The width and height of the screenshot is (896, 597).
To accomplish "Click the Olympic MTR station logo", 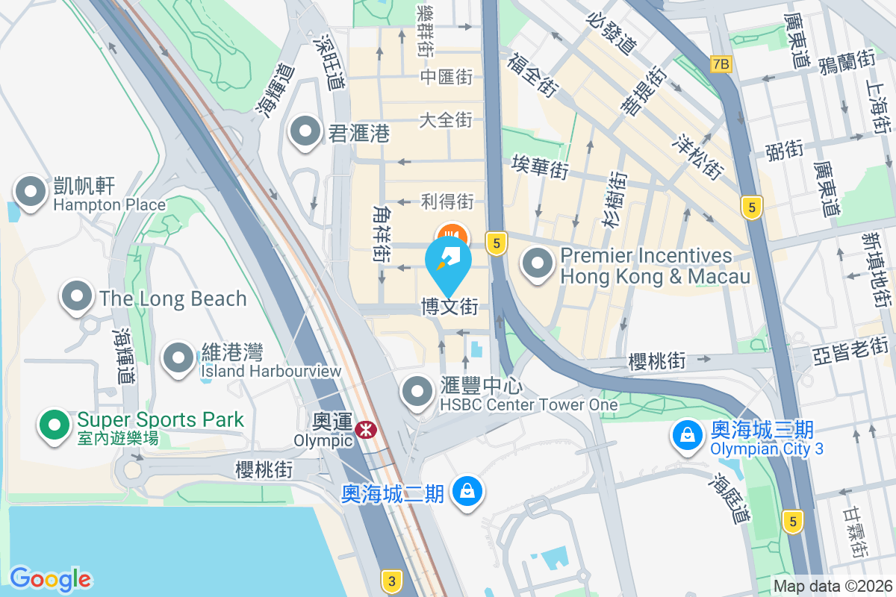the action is pos(365,429).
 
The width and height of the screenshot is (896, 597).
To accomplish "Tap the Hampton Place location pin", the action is pos(31,191).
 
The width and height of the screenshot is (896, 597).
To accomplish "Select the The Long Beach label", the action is pos(173,298).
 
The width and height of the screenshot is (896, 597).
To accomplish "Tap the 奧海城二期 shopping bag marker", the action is pos(467,492).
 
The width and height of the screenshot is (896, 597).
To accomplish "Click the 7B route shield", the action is pos(721,64).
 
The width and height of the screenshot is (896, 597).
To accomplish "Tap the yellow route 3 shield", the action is pos(391,579).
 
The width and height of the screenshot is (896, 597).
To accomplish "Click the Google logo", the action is pos(50,578).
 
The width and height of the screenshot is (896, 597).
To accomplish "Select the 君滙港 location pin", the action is pos(305,132).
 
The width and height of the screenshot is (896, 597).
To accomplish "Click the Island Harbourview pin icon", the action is pos(178,358).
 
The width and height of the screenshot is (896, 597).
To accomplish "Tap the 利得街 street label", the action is pos(447,201).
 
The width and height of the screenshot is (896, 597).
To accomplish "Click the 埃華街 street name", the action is pos(540,166).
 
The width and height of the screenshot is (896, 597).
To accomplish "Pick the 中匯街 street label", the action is pos(447,77).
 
